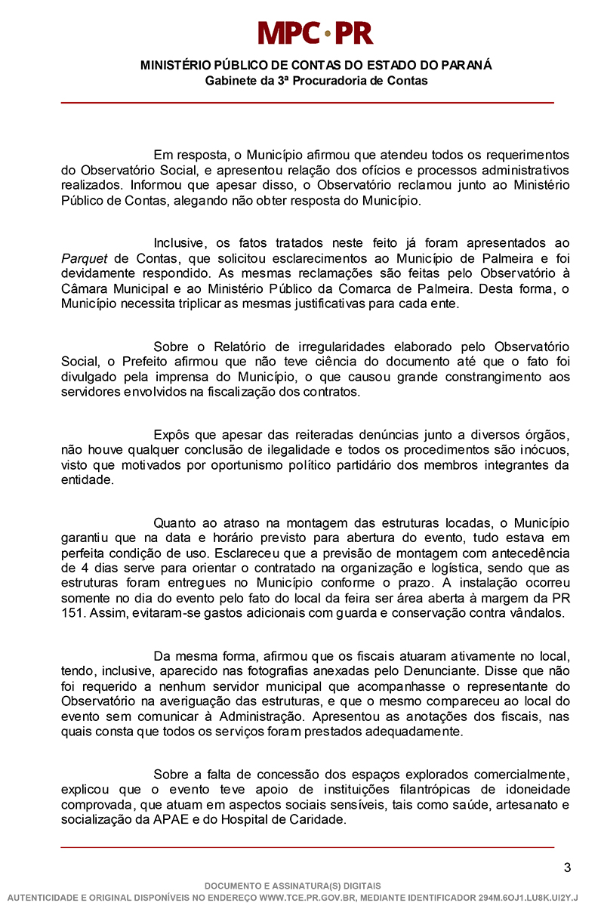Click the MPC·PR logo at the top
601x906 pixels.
[316, 32]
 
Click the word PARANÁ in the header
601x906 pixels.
[462, 66]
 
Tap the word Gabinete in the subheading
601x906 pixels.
[230, 80]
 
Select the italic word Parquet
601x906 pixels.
[84, 258]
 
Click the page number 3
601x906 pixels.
[566, 867]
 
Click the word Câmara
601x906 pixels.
[85, 288]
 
